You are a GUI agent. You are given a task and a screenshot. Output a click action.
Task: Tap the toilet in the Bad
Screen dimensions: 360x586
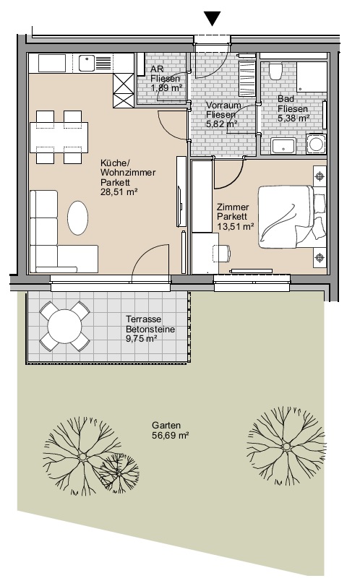tap(276, 72)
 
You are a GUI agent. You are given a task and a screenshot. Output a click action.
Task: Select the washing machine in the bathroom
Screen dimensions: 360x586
tap(316, 144)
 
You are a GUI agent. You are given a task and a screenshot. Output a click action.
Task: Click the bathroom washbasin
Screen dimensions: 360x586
tap(283, 145)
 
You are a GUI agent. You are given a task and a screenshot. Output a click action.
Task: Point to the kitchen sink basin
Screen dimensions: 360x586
tap(87, 62)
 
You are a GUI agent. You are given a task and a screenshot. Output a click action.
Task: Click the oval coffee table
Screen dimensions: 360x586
tap(78, 218)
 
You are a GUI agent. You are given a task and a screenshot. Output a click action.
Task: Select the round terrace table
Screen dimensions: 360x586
tap(64, 327)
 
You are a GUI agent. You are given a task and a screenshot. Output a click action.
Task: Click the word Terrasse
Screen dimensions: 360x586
tap(144, 319)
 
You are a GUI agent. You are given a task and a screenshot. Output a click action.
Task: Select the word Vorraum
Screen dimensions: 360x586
tap(223, 105)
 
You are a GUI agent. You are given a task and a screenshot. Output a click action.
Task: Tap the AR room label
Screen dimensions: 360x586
tap(157, 69)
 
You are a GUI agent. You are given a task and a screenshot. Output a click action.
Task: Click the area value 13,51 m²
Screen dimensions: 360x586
tap(236, 226)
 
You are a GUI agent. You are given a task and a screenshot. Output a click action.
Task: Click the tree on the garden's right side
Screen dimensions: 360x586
tap(286, 447)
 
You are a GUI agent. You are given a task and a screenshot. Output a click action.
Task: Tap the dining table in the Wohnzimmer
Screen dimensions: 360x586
tap(59, 137)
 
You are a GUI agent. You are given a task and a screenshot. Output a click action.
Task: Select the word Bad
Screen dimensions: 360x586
tap(286, 99)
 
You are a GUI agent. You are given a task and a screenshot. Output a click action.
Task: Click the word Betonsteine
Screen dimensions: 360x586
tap(150, 329)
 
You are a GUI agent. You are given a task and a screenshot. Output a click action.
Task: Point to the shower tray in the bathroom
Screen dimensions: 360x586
tap(312, 77)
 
